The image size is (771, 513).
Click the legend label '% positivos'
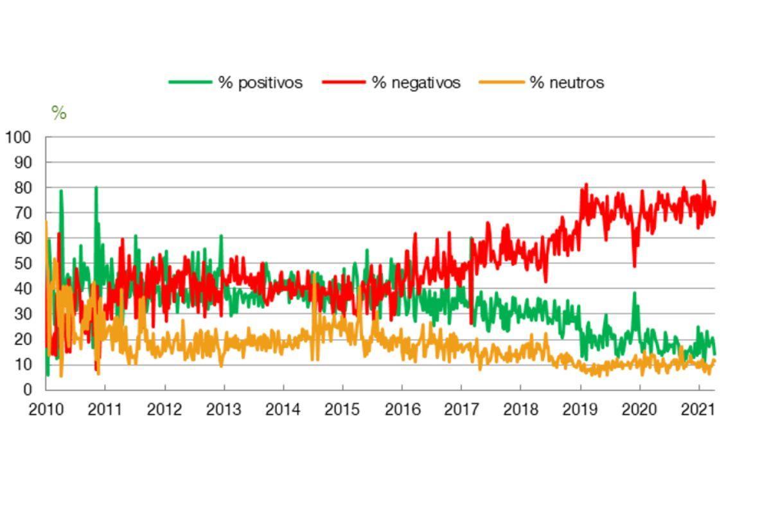260,83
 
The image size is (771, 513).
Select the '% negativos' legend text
416,83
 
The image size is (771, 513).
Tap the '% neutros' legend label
567,83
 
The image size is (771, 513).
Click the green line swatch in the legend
190,83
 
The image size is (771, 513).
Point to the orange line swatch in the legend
501,83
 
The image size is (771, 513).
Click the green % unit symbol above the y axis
59,114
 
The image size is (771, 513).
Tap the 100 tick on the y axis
18,137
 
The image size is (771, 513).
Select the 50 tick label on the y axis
22,263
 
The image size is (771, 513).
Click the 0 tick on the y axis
27,390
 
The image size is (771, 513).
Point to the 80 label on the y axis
22,187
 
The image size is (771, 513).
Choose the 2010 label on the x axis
46,410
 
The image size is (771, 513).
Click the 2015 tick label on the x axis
342,410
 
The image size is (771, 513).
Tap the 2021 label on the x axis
698,410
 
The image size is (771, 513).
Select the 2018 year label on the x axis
520,410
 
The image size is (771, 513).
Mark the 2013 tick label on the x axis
224,410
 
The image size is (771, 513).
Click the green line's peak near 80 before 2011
96,187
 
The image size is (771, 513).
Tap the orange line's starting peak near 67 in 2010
46,222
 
